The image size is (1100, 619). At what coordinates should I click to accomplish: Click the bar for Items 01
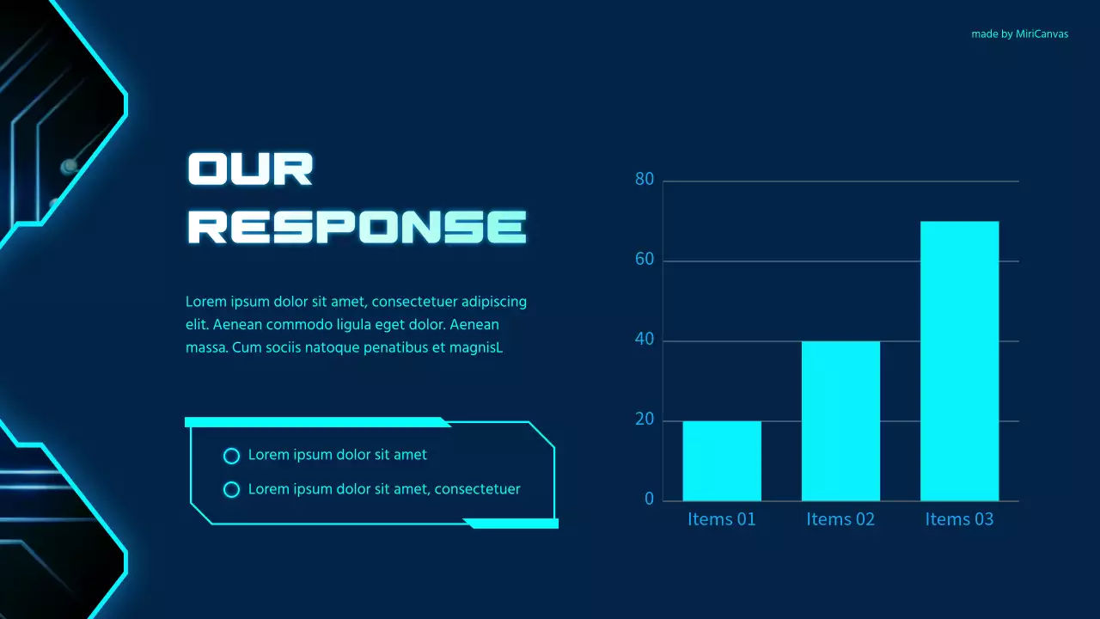722,461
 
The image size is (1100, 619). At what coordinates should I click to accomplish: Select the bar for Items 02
840,420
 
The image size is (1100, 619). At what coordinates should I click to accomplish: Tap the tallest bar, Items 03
959,361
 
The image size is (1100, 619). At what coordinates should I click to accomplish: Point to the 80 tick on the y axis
645,180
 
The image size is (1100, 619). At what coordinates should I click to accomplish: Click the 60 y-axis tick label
645,260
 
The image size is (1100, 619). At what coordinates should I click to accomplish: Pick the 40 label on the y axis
645,340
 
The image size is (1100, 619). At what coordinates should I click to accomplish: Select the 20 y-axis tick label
645,420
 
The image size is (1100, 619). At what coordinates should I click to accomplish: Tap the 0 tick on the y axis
649,499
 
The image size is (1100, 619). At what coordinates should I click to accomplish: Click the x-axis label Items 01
722,519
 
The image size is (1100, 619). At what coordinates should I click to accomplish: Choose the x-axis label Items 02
840,519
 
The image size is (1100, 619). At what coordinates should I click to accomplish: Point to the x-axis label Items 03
959,519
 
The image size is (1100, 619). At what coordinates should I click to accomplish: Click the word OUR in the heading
250,169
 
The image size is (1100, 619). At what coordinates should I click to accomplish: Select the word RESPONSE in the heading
357,226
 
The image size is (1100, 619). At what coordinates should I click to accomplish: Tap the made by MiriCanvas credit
1019,34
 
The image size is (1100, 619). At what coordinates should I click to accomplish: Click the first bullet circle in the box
230,456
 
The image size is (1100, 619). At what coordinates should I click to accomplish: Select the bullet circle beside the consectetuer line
230,490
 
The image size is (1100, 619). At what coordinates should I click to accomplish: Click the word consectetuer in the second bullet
477,489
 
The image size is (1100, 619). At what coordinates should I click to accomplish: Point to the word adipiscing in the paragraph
494,302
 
